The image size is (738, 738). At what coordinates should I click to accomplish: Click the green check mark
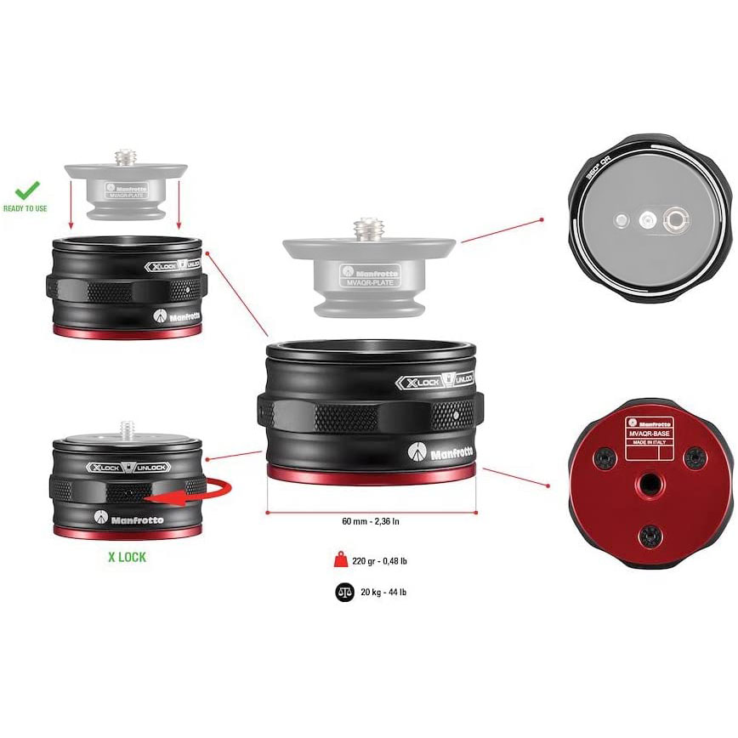pos(27,190)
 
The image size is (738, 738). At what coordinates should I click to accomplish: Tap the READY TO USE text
pos(26,208)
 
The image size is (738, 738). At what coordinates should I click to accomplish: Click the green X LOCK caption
pos(127,557)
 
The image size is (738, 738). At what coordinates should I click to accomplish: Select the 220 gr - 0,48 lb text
pos(378,561)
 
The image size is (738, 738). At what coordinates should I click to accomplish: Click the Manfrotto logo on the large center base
pos(443,453)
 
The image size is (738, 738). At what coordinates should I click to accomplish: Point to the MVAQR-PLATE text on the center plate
pos(366,281)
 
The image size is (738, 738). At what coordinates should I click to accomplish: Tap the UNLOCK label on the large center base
pos(463,383)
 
